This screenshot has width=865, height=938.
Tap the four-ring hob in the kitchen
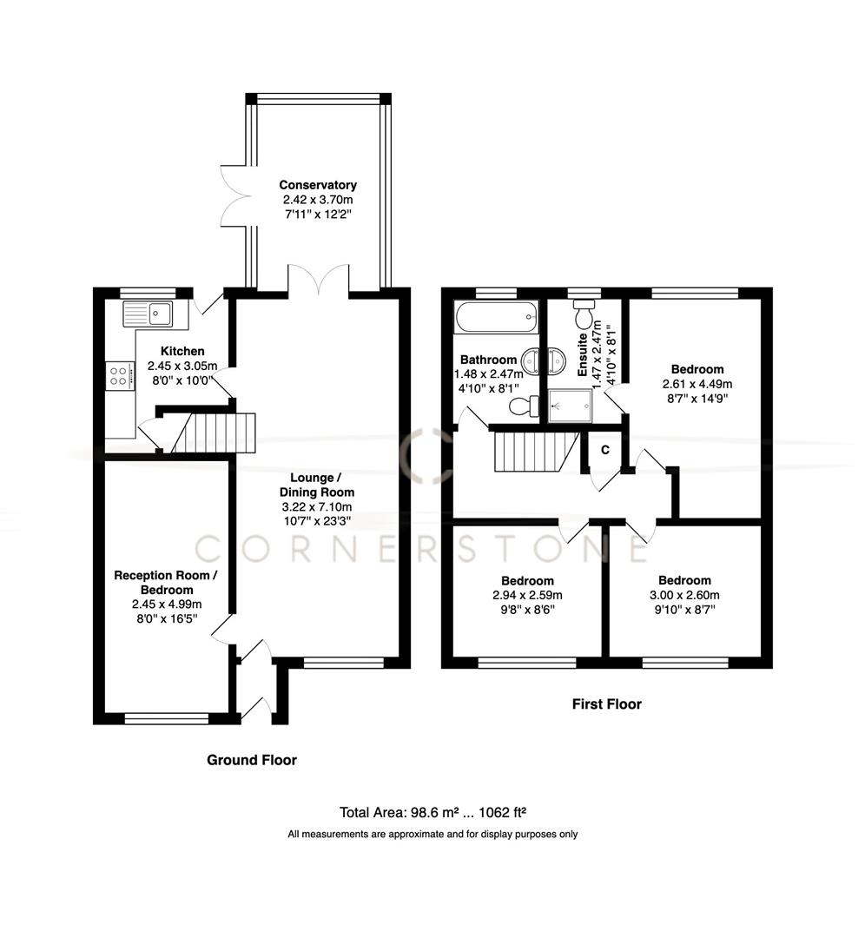coord(121,375)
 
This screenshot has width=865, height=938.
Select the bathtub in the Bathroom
coord(496,317)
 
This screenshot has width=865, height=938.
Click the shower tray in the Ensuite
coord(571,404)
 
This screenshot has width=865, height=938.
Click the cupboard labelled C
coord(605,449)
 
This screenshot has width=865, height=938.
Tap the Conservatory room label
coord(317,185)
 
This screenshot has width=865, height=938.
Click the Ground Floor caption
coord(251,760)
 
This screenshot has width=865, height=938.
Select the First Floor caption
coord(606,704)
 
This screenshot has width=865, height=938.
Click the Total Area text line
coord(433,813)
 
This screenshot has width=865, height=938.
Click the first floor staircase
coord(528,452)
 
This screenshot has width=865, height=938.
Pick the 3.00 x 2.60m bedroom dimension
coord(683,595)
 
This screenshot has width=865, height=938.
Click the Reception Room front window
coord(166,718)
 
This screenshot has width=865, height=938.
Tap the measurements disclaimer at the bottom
coord(432,835)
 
